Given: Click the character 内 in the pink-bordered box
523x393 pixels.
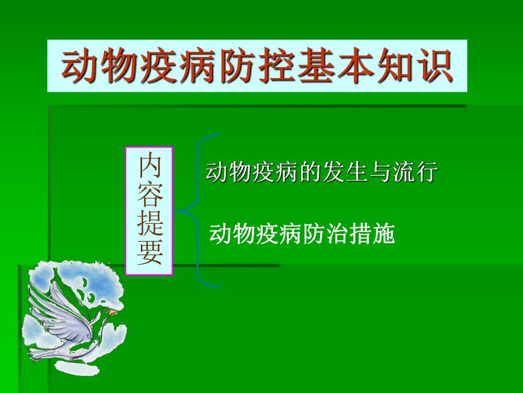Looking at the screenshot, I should [149, 166].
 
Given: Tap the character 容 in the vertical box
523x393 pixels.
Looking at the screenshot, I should [149, 195].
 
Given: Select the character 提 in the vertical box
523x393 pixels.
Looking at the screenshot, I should [149, 224].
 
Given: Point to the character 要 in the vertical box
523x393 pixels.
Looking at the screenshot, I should [149, 254].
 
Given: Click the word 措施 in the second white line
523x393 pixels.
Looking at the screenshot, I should [374, 234].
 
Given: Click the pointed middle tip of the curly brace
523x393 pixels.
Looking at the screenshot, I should [177, 211].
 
